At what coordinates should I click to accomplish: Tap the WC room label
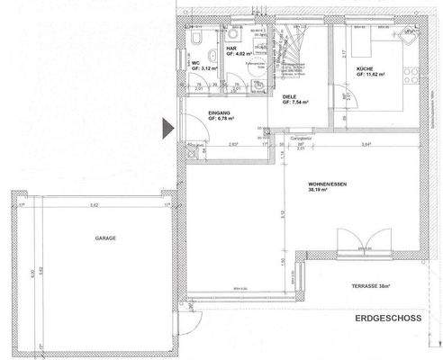point(194,63)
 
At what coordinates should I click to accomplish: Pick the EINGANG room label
point(221,112)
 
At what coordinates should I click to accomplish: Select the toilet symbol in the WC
point(196,40)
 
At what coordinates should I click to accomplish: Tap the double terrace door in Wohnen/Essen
point(357,243)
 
